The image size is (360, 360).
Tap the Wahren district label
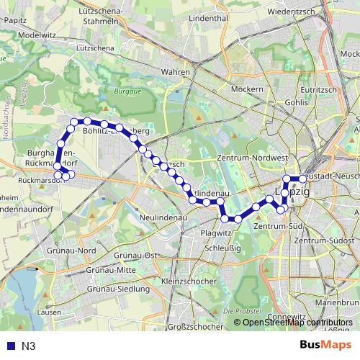(x=176, y=72)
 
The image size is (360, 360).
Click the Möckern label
(x=247, y=89)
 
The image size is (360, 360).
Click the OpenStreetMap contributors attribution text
(x=297, y=323)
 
